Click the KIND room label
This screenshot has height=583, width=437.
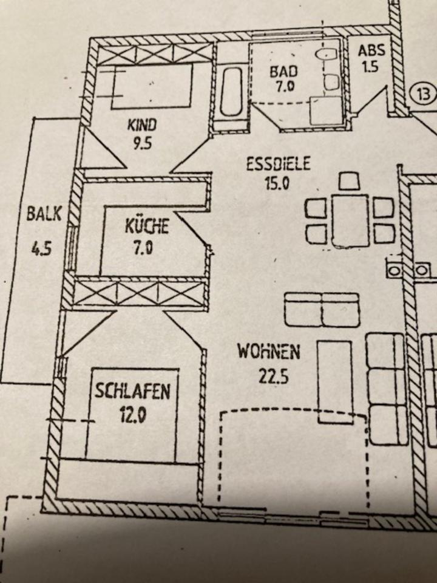(141, 126)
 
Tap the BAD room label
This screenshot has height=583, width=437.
(282, 70)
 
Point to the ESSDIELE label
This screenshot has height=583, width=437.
(279, 164)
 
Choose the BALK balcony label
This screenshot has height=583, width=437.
(44, 214)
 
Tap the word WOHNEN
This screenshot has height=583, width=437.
(269, 352)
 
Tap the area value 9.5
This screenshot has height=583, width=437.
(142, 145)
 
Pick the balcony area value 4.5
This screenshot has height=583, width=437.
(41, 250)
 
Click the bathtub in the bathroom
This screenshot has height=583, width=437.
(232, 92)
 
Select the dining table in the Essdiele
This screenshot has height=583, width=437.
(350, 220)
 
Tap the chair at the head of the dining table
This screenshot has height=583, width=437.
(349, 181)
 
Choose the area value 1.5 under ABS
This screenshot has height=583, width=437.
(369, 66)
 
